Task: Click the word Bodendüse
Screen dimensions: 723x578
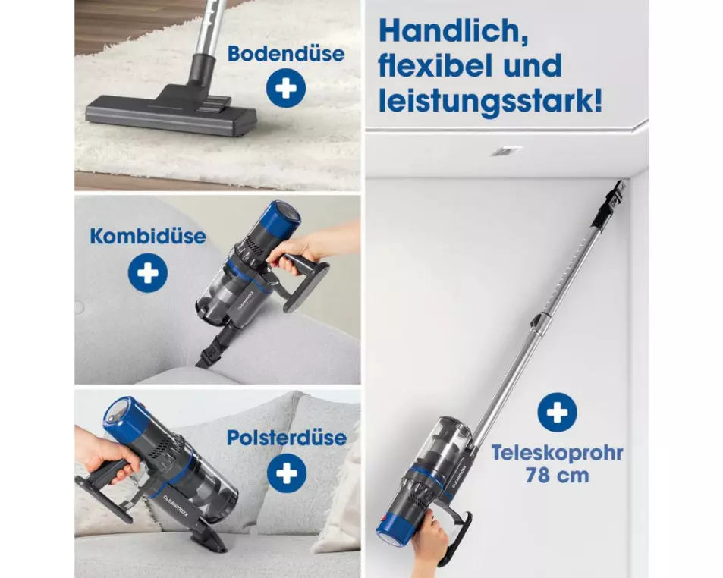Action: click(x=286, y=53)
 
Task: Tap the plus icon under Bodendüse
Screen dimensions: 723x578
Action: click(x=286, y=88)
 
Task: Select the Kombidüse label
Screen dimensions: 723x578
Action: click(x=148, y=236)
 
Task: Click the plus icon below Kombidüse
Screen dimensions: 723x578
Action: click(x=147, y=273)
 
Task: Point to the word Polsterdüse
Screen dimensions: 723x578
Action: click(x=286, y=438)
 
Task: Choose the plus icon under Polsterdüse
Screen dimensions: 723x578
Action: click(x=287, y=473)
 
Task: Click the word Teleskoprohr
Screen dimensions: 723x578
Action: click(x=557, y=453)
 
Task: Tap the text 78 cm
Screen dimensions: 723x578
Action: click(x=557, y=475)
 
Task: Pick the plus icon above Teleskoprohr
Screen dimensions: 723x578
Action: click(x=557, y=412)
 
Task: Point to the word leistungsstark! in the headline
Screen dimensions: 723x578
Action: click(x=490, y=102)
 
